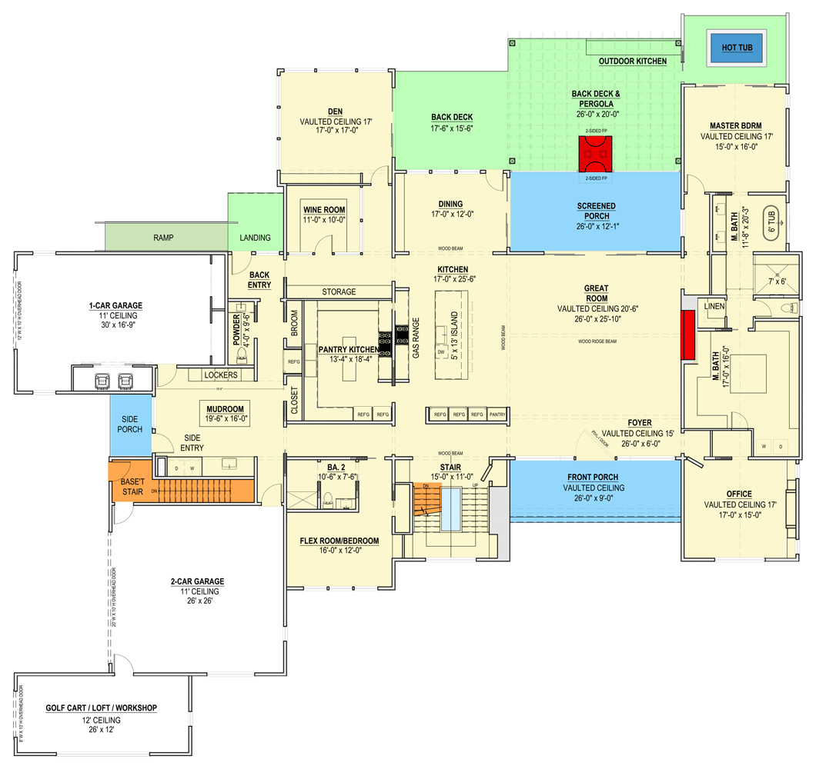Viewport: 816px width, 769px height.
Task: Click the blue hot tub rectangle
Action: pos(737,48)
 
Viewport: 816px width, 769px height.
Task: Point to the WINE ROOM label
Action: pos(323,210)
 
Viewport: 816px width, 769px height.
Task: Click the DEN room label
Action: pos(335,112)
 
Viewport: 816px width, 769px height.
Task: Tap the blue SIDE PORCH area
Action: pos(130,424)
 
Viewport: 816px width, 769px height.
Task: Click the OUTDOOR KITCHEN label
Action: pos(633,61)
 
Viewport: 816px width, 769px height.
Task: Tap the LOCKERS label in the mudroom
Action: pos(221,375)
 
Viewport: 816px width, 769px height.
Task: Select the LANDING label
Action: pos(255,238)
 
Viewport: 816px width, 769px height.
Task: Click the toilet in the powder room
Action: pos(242,355)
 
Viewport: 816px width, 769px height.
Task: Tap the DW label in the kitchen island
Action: pos(442,351)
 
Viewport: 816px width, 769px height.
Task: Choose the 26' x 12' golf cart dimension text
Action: pos(101,731)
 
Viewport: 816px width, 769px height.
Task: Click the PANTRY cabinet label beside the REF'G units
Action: pos(497,415)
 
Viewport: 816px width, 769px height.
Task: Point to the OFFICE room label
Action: pos(738,494)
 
